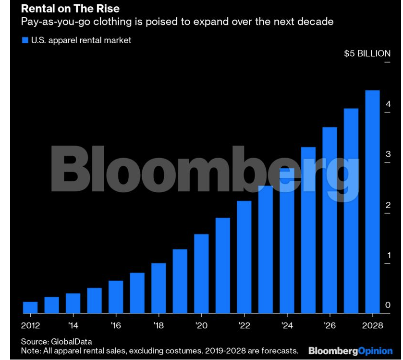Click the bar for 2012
coord(30,307)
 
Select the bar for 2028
coord(372,201)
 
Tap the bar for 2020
coord(201,273)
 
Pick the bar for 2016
coord(116,297)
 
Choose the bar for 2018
coord(159,288)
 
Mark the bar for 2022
coord(244,257)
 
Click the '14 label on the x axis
coord(73,325)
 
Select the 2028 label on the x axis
coord(372,325)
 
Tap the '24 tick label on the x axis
coord(287,325)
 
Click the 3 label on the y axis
coord(388,154)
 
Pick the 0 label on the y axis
coord(388,305)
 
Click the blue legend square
coord(25,40)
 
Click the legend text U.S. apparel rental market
coord(81,40)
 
